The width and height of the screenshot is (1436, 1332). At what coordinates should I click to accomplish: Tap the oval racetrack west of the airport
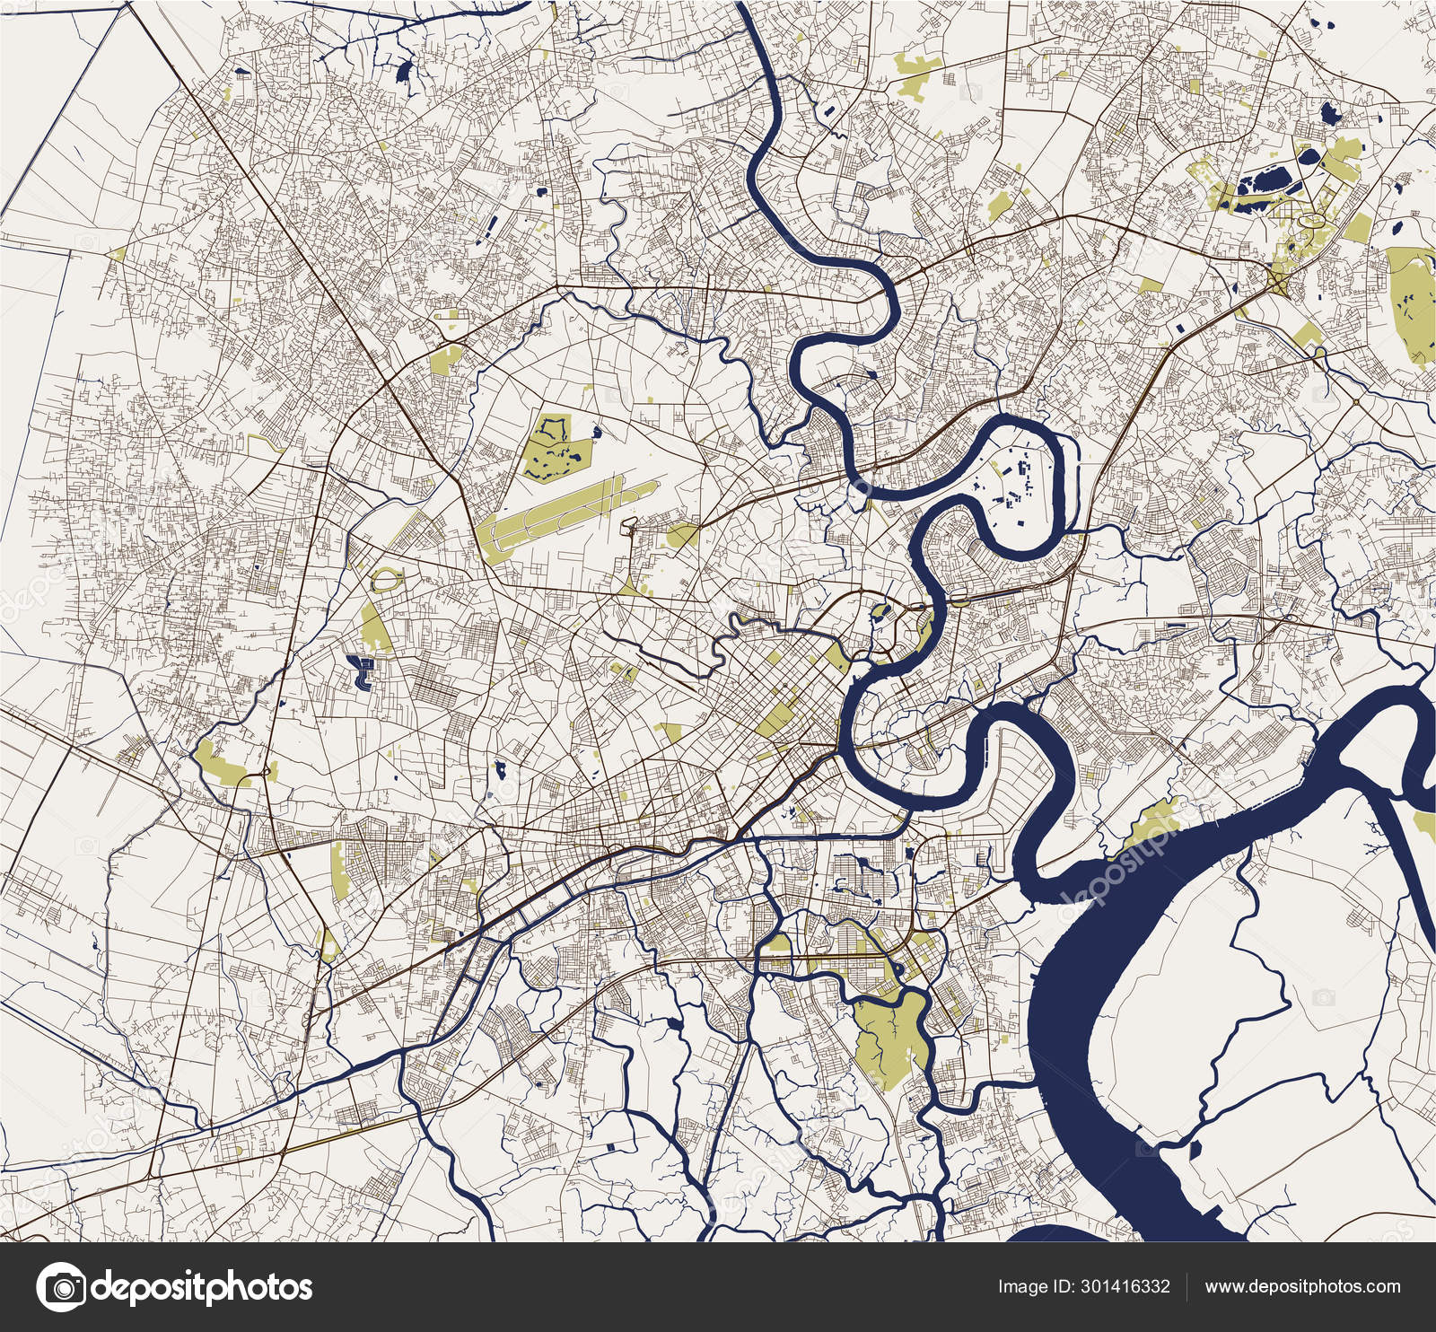click(386, 580)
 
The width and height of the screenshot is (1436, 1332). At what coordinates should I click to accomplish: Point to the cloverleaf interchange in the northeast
click(1278, 285)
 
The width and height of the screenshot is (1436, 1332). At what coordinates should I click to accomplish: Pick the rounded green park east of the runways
click(682, 536)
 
